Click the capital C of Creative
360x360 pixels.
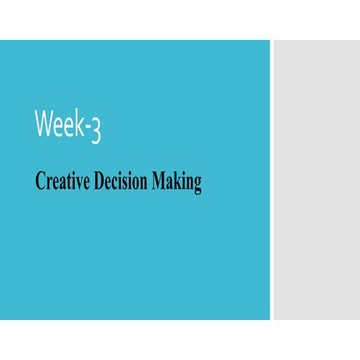(40, 182)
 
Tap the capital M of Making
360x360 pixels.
(159, 182)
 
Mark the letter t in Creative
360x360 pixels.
(63, 182)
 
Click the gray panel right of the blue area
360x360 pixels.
(316, 180)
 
